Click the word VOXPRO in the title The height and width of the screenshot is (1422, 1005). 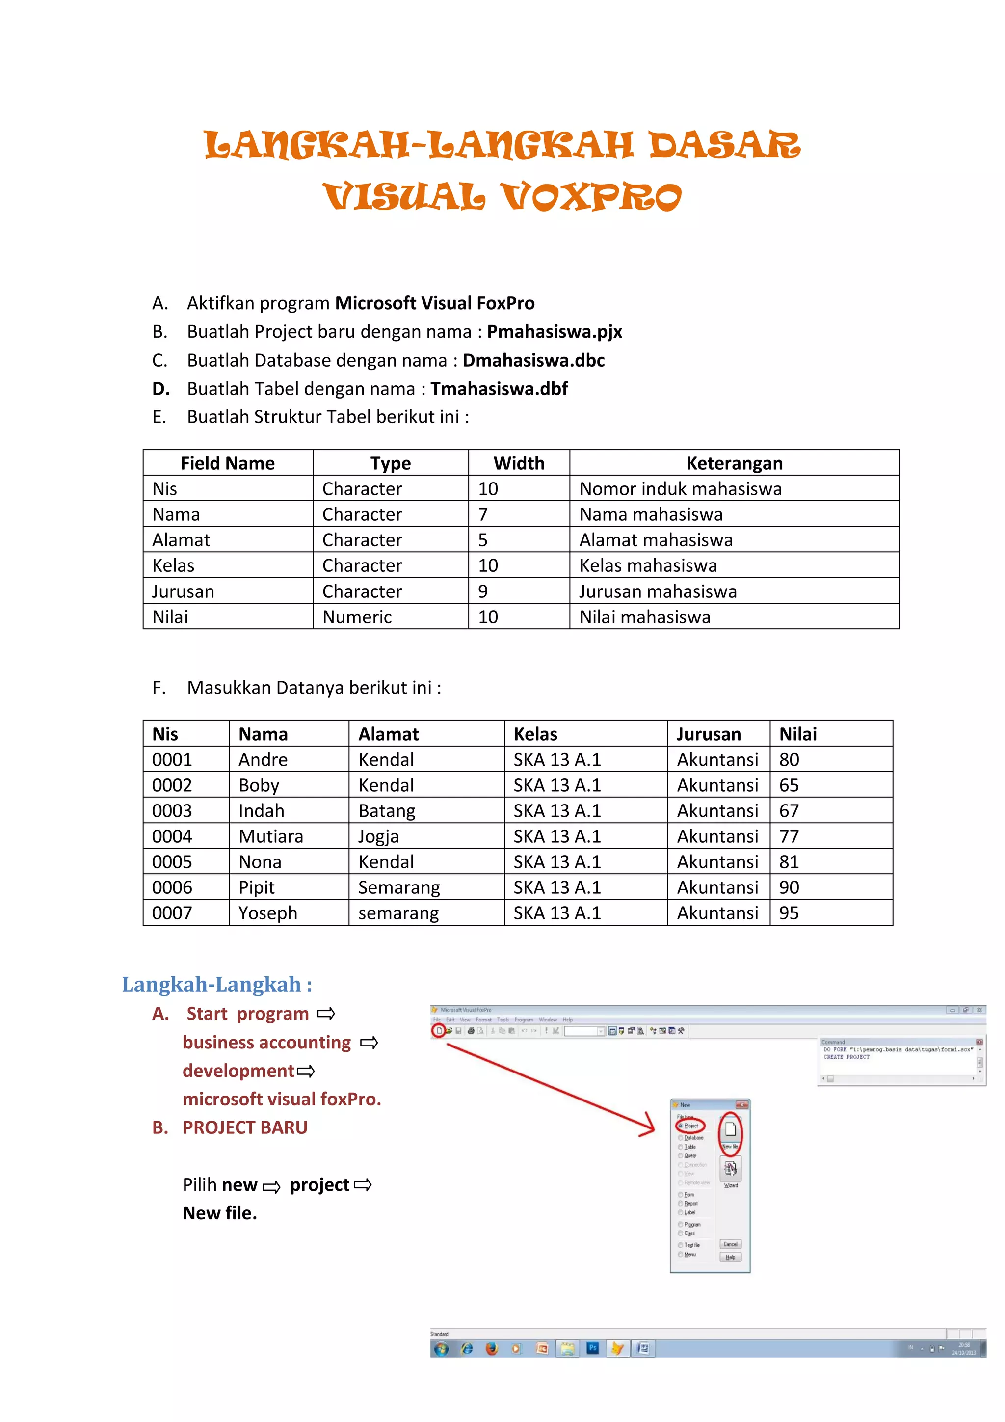591,197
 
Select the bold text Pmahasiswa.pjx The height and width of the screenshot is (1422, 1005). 554,332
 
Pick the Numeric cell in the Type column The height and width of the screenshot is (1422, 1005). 357,617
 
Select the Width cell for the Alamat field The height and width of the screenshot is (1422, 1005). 483,540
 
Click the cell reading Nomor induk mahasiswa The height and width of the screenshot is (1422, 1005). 680,489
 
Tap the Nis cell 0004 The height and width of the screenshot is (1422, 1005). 172,836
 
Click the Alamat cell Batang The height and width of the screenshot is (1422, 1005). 386,811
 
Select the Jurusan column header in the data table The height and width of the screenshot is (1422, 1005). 709,734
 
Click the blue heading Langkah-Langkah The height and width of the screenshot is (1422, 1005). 217,984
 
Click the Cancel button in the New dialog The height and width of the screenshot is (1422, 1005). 730,1244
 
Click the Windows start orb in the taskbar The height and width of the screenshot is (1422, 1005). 441,1348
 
